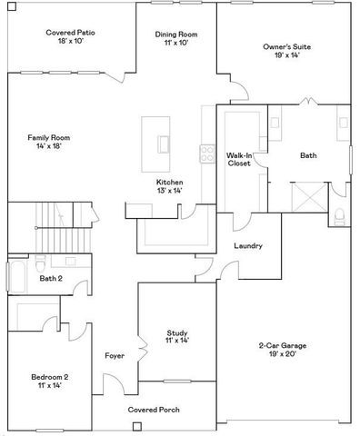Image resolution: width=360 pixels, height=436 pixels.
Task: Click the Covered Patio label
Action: coord(71,37)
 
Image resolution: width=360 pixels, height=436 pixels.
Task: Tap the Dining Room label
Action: coord(176,39)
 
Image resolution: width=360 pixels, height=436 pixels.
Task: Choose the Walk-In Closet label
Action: coord(239,162)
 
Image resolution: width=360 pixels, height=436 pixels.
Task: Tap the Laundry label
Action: coord(248,246)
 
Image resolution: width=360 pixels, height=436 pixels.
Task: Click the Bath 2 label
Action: coord(49,278)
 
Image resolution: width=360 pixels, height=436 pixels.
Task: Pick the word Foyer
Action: coord(115,355)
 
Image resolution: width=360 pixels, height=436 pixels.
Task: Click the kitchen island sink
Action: coord(165,144)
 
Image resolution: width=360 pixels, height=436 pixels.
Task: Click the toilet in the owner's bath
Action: coord(340,214)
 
